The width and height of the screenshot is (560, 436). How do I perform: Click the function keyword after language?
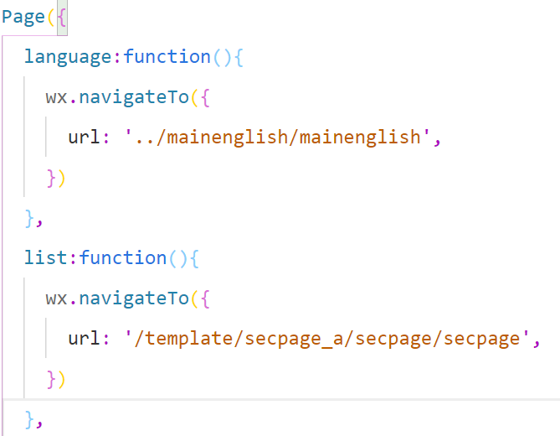pyautogui.click(x=167, y=57)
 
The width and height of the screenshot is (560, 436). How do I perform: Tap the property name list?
pyautogui.click(x=47, y=257)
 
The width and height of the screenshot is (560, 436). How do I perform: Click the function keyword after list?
pyautogui.click(x=123, y=257)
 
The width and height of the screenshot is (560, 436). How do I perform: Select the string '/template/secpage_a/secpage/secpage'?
pyautogui.click(x=328, y=338)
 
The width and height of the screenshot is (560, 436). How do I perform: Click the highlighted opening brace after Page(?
pyautogui.click(x=61, y=18)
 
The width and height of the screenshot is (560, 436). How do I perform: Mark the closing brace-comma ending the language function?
pyautogui.click(x=32, y=218)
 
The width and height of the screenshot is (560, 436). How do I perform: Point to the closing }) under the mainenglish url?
pyautogui.click(x=55, y=178)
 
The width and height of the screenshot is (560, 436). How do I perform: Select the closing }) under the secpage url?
pyautogui.click(x=55, y=378)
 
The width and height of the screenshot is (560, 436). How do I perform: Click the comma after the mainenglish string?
pyautogui.click(x=437, y=141)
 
